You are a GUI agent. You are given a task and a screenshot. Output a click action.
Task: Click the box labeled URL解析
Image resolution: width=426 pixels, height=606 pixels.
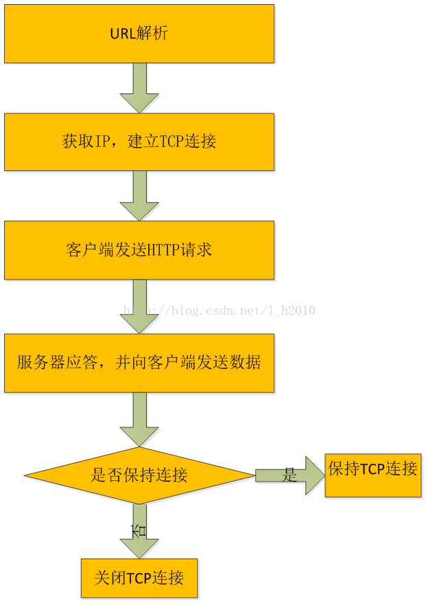pos(139,34)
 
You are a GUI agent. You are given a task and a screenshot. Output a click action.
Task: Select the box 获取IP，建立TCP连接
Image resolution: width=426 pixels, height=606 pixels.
pos(139,142)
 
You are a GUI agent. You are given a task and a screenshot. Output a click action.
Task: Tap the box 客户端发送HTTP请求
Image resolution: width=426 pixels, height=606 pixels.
pos(139,249)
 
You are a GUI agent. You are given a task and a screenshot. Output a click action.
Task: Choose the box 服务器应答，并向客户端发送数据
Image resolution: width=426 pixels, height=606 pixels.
pos(139,363)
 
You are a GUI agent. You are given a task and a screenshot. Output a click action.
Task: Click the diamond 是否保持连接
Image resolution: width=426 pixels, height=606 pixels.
pos(139,475)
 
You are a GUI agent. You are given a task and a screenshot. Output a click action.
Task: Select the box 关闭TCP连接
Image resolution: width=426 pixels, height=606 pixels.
pos(139,578)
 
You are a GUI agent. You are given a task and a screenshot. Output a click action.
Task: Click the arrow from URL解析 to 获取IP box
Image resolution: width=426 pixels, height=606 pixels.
pos(139,88)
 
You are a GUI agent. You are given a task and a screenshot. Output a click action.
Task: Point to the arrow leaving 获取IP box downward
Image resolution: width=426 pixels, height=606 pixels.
pos(139,195)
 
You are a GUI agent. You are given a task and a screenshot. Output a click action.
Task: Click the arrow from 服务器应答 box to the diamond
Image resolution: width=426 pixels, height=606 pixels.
pos(139,419)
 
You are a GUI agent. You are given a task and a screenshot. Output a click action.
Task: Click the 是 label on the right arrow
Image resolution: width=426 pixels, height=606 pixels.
pos(289,475)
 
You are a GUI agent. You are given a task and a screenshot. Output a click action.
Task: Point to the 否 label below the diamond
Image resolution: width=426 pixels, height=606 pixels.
pos(139,530)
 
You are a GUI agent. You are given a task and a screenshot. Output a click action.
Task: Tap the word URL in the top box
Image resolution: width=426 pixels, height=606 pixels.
pos(123,34)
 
